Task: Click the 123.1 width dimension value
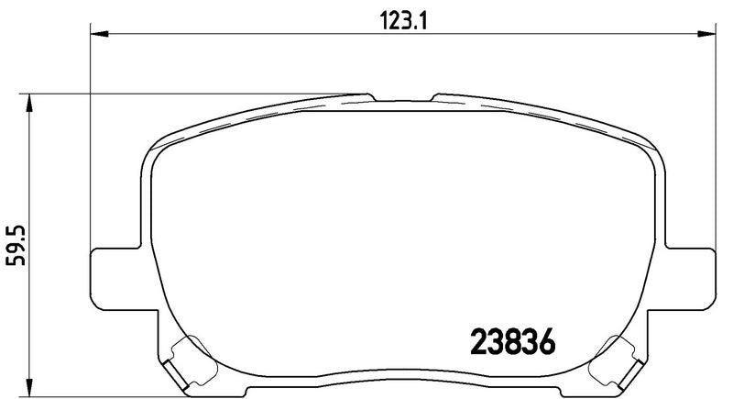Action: (403, 20)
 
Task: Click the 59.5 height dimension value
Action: (16, 245)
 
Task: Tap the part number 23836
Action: (512, 341)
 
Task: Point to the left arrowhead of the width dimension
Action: (99, 34)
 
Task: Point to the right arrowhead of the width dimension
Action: (706, 34)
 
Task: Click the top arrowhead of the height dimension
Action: (29, 103)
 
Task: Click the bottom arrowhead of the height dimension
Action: (29, 387)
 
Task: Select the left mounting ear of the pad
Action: (115, 279)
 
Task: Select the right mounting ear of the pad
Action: (691, 279)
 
